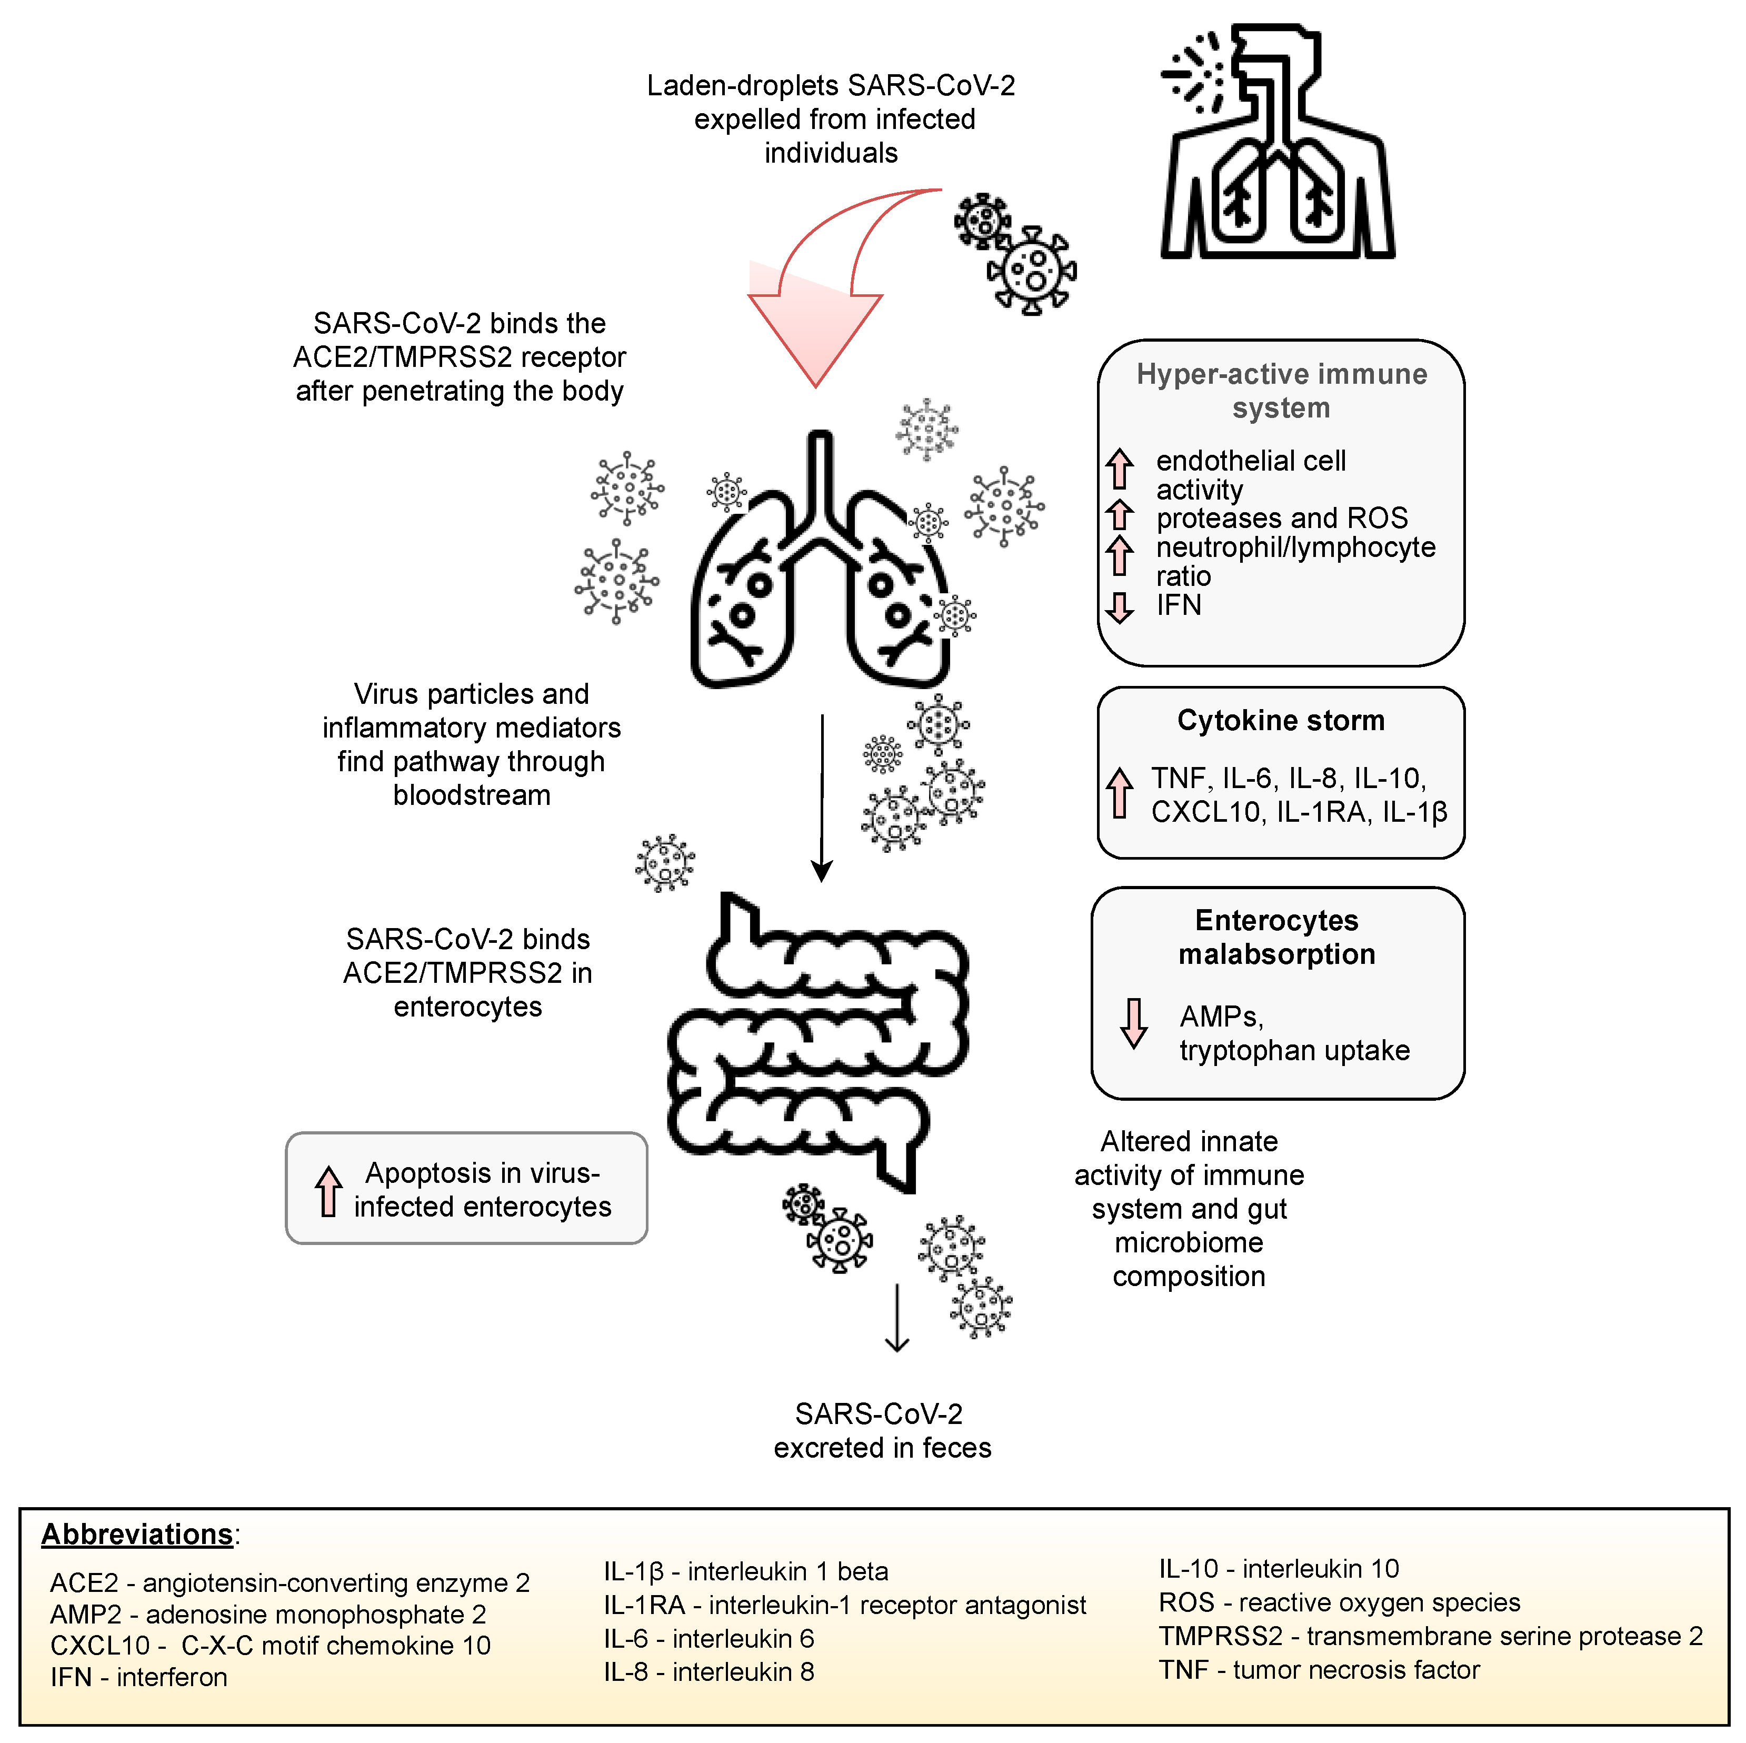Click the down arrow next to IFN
coord(1120,607)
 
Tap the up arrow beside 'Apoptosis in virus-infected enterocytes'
coord(328,1191)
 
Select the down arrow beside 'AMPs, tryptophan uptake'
coord(1133,1023)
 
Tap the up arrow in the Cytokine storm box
coord(1120,792)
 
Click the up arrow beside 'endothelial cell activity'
coord(1120,468)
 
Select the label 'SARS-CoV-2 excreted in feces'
coord(882,1430)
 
